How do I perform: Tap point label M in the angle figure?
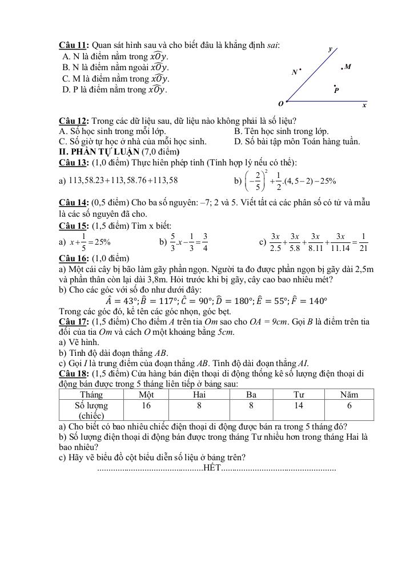click(348, 67)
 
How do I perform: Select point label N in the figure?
click(295, 72)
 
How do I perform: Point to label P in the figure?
click(337, 90)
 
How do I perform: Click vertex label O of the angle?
click(280, 104)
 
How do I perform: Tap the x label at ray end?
click(364, 106)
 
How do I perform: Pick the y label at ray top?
click(329, 50)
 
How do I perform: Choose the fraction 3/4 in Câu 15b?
click(204, 242)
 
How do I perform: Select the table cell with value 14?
click(299, 405)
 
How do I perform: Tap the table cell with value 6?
click(349, 405)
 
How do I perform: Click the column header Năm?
click(349, 395)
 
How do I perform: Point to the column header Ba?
click(251, 395)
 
